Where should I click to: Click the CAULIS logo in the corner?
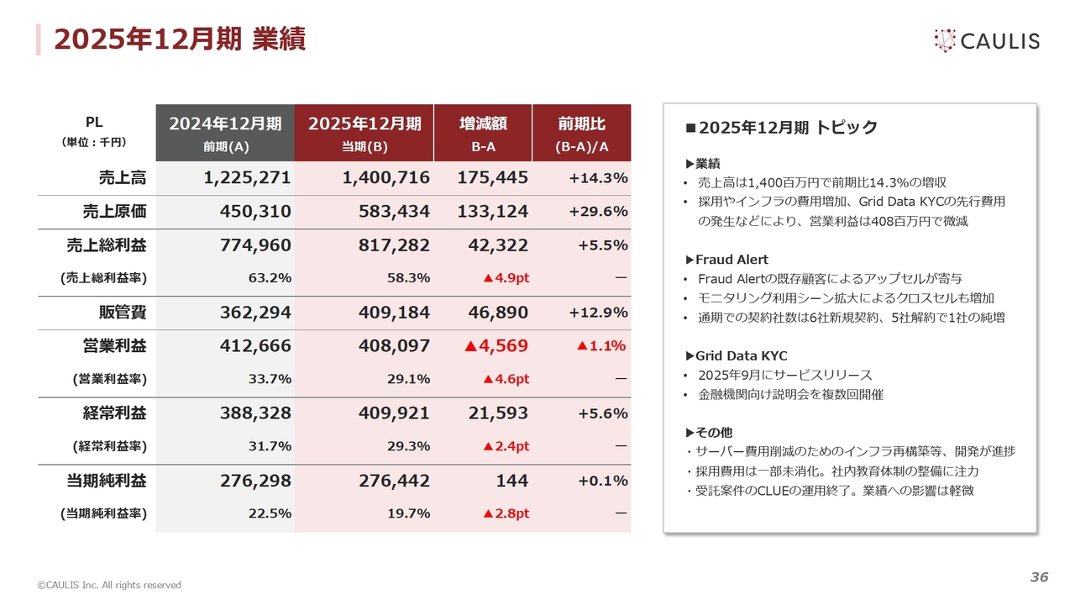(986, 39)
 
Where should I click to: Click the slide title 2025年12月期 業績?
(180, 39)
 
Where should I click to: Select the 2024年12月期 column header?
(225, 133)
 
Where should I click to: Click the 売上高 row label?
(122, 178)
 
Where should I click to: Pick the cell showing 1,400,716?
(386, 178)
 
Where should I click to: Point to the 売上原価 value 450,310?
(255, 212)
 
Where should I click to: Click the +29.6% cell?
(598, 212)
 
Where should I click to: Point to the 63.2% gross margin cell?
(271, 278)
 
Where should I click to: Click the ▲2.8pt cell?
(506, 513)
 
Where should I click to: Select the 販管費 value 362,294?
(255, 313)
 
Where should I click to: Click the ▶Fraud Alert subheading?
(727, 260)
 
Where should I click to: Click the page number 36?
(1039, 577)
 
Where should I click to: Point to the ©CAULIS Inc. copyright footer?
(108, 585)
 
